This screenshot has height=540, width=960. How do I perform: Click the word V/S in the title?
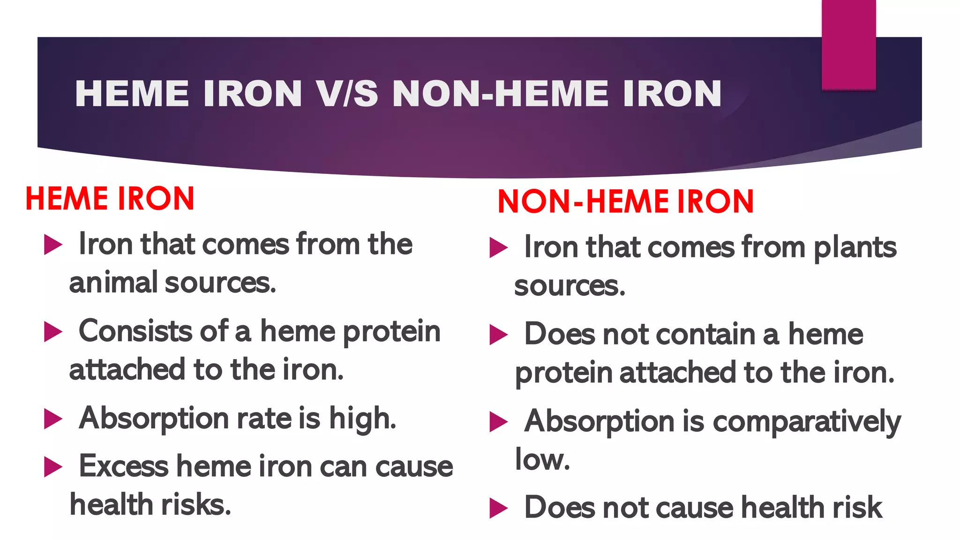tap(347, 94)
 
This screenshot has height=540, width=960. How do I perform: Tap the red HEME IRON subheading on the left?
tap(110, 198)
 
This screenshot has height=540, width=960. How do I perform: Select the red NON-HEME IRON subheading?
tap(625, 202)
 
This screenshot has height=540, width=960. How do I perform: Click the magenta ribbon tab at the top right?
tap(848, 45)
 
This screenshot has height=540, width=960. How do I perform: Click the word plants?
tap(855, 248)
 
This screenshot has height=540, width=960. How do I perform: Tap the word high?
tap(362, 419)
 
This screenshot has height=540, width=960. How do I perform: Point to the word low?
tap(542, 459)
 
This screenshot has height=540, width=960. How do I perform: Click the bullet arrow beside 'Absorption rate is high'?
tap(53, 419)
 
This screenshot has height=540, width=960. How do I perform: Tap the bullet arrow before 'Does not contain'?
tap(498, 335)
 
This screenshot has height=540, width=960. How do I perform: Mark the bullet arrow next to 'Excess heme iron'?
tap(53, 467)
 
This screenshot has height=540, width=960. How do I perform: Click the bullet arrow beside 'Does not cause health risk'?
tap(498, 508)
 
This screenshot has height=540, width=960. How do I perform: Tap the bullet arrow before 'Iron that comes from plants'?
tap(498, 247)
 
